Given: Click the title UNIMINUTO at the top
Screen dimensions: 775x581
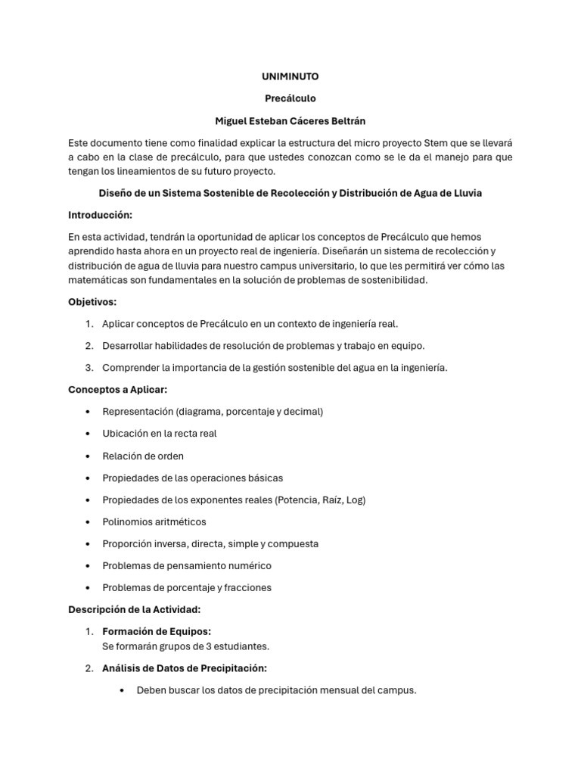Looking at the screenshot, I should (x=290, y=76).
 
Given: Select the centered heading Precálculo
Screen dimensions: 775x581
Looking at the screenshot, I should (x=290, y=98).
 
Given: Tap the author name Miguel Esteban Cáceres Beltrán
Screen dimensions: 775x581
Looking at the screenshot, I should (x=290, y=121).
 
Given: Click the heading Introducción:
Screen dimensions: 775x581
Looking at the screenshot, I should (x=100, y=215).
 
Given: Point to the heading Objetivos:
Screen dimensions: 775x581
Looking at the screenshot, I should (x=92, y=302).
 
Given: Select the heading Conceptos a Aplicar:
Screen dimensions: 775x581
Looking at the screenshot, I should (x=117, y=389).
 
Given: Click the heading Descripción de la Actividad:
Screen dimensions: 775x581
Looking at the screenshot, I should (x=135, y=609).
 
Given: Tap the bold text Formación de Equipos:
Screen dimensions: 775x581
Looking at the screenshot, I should (x=157, y=631).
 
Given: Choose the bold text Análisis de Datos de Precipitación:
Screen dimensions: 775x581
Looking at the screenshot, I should (x=184, y=668).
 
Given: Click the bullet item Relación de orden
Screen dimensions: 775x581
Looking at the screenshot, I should (x=143, y=456).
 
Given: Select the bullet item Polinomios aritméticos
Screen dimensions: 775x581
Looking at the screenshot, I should (x=154, y=521).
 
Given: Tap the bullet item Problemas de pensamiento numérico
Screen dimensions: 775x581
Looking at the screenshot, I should (x=187, y=565).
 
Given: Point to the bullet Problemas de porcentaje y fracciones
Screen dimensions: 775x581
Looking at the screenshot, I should (x=187, y=587).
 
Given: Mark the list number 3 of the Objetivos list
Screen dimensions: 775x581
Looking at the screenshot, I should (x=89, y=368).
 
